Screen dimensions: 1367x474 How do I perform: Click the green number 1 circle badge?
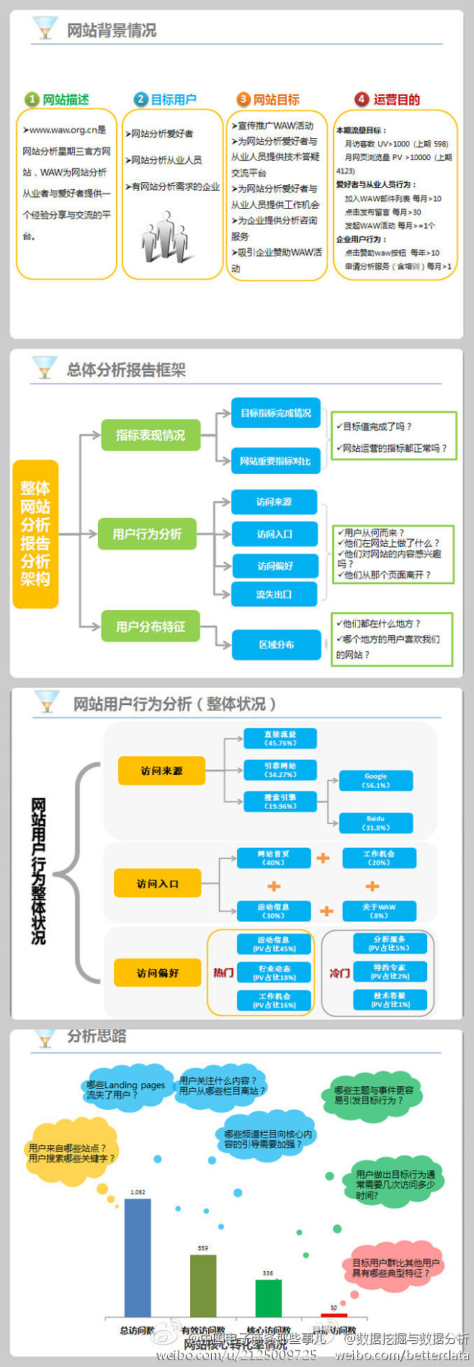32,99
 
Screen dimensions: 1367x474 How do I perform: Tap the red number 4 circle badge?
362,99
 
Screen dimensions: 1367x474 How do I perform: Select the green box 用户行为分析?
147,534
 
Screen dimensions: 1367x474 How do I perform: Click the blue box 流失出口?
274,594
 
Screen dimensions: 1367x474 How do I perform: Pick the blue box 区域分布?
276,645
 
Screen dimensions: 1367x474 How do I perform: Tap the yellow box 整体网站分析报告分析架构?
35,534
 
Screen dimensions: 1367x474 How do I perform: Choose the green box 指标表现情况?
150,435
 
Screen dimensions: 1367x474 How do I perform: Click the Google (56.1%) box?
376,781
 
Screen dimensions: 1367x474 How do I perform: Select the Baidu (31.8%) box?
376,823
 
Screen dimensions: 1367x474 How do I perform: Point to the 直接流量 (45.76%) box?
280,738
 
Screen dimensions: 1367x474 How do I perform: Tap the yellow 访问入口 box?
157,883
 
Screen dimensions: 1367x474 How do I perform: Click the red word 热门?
223,972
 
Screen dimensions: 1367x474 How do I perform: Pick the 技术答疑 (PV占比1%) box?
390,1000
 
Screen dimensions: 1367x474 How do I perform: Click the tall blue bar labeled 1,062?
138,1258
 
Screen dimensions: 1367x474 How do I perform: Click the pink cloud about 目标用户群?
395,1268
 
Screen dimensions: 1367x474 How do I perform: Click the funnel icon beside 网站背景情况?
45,28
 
